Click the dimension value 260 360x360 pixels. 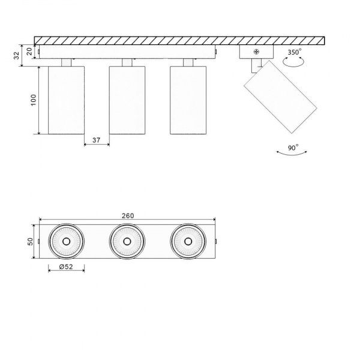point(127,215)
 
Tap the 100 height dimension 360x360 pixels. point(33,100)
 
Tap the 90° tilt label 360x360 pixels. point(293,146)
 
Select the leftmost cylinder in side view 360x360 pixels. point(66,100)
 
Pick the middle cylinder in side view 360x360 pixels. point(127,100)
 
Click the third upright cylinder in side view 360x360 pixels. point(188,100)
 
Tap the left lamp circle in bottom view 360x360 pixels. point(66,242)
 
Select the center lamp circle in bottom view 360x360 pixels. point(127,242)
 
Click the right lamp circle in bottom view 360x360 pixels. point(188,242)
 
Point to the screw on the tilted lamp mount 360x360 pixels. point(257,53)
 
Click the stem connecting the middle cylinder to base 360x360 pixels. point(127,62)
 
